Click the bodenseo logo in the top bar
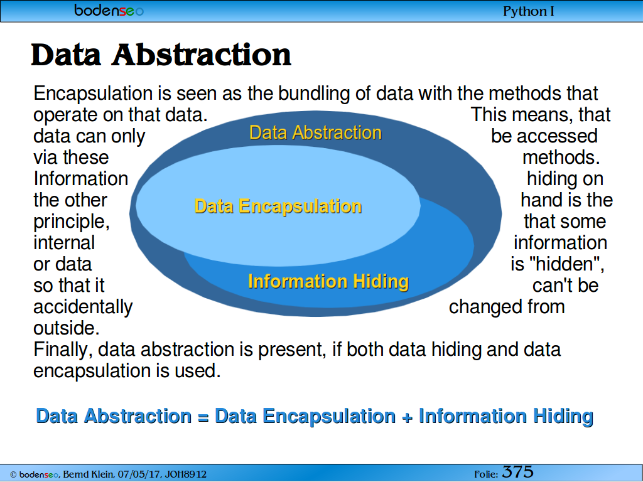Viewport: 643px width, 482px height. point(109,10)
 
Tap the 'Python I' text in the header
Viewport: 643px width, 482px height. point(529,11)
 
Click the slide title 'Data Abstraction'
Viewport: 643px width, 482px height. point(161,55)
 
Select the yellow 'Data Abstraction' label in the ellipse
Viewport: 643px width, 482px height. point(315,133)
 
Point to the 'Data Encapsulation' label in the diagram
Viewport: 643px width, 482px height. point(278,206)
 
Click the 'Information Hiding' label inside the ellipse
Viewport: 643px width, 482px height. point(328,282)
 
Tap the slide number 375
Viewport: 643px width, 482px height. point(517,472)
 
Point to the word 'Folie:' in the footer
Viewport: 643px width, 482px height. point(486,474)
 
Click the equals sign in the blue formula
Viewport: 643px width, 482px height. point(203,417)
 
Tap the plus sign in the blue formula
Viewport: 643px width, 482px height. point(407,417)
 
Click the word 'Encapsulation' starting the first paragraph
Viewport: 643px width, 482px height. point(93,94)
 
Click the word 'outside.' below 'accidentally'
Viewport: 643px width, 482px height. point(67,328)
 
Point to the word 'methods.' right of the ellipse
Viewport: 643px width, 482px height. point(561,158)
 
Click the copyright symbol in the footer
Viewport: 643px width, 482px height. point(13,474)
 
